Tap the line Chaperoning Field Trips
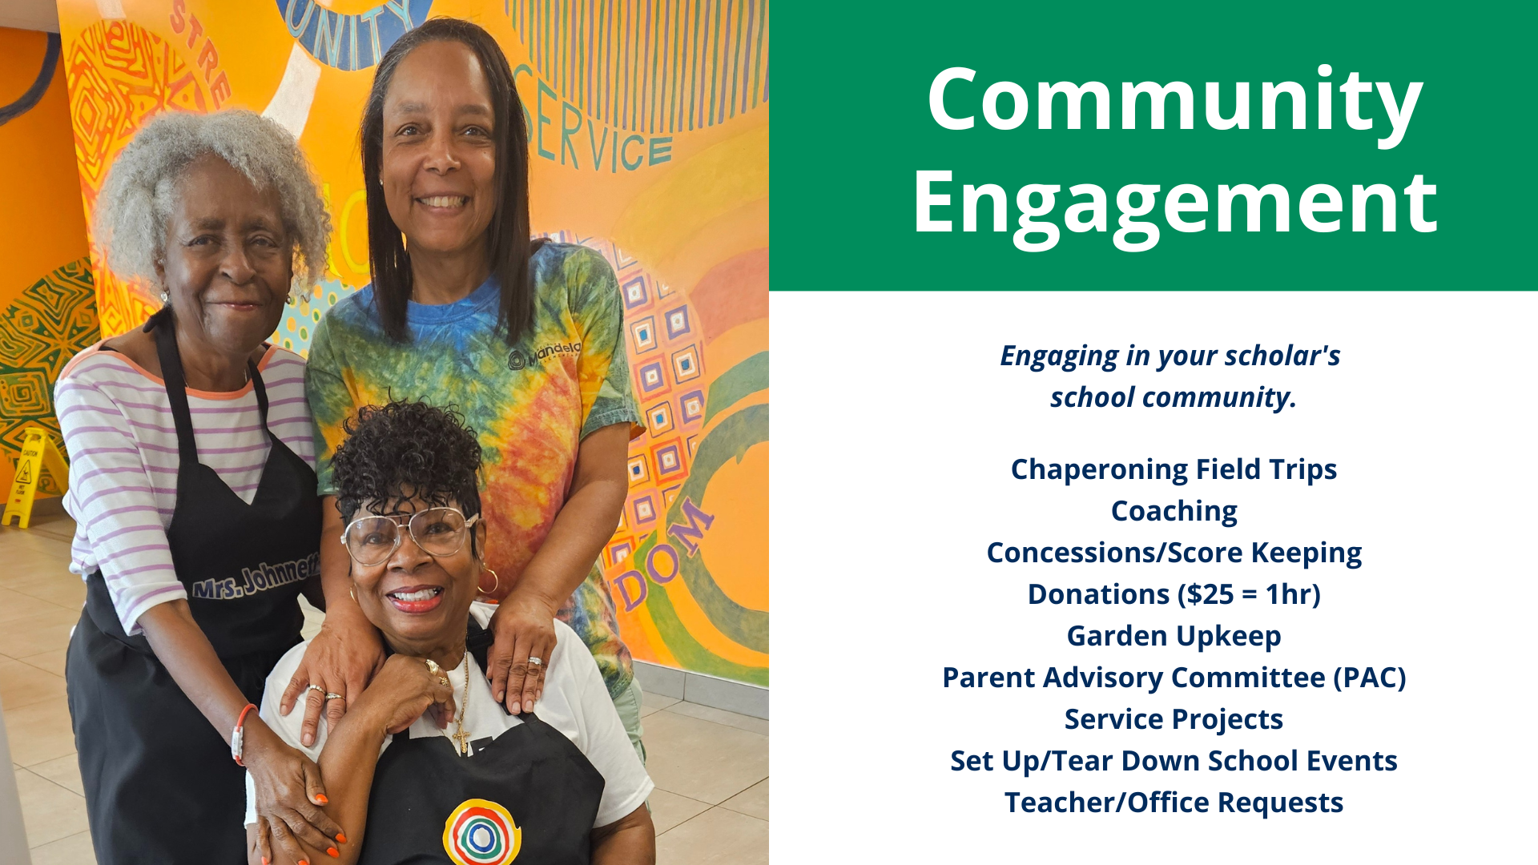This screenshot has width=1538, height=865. tap(1174, 470)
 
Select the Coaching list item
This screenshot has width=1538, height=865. tap(1174, 512)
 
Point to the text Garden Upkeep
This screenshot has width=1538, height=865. tap(1174, 637)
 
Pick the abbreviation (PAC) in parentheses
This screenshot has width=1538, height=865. tap(1369, 678)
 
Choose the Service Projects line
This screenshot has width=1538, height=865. tap(1174, 720)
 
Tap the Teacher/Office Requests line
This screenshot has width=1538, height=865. tap(1174, 803)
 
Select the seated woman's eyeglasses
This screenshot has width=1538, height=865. tap(409, 533)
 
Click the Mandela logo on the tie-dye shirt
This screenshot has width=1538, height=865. tap(545, 355)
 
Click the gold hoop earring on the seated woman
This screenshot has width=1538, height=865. tap(488, 581)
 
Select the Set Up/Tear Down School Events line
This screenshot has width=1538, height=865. tap(1174, 761)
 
